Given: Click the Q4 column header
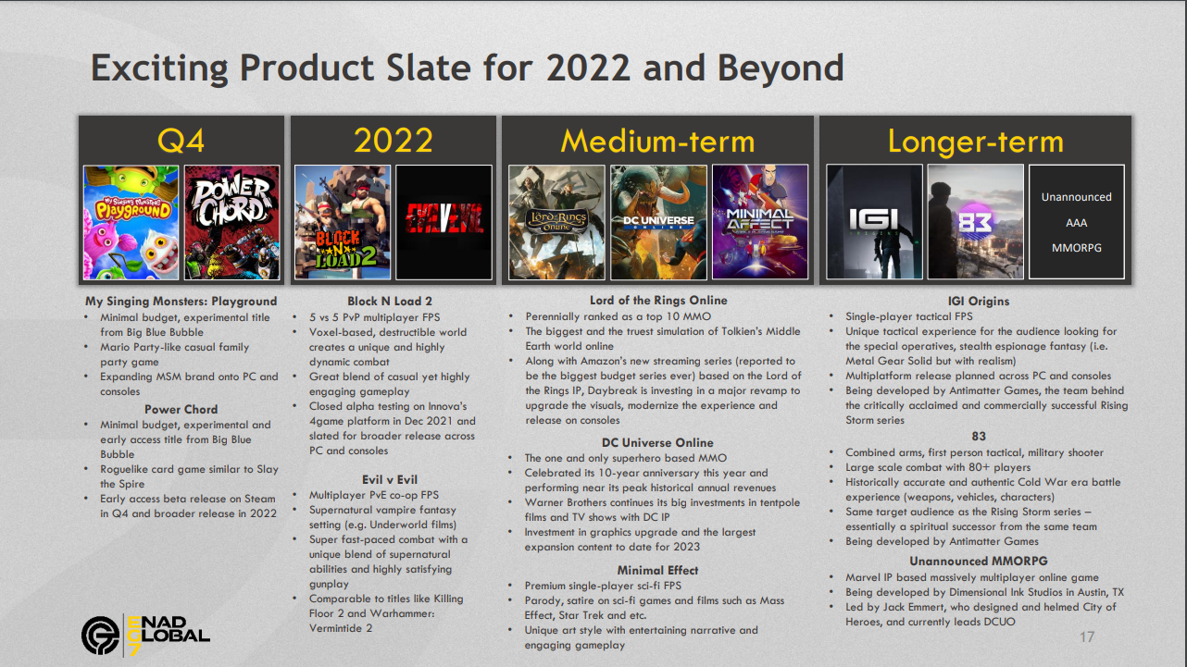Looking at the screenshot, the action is pyautogui.click(x=181, y=141).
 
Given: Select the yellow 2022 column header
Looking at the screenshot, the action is pyautogui.click(x=394, y=141).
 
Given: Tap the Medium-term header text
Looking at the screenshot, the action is pyautogui.click(x=657, y=142).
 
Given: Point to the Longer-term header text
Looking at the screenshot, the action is pyautogui.click(x=976, y=142).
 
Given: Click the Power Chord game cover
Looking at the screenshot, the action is pyautogui.click(x=231, y=222).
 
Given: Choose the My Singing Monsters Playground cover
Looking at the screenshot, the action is pyautogui.click(x=131, y=222).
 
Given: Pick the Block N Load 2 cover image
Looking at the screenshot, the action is pyautogui.click(x=343, y=222).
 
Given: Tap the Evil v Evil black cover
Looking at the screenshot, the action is pyautogui.click(x=444, y=222).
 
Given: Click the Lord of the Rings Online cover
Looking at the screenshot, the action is pyautogui.click(x=556, y=222).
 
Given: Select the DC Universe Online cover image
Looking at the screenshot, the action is pyautogui.click(x=658, y=222).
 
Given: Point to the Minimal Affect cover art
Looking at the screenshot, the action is pyautogui.click(x=760, y=222).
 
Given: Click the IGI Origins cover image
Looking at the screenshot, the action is pyautogui.click(x=874, y=222).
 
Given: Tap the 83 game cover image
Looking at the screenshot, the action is pyautogui.click(x=976, y=222).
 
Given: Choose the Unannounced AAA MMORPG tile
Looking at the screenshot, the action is pyautogui.click(x=1076, y=222).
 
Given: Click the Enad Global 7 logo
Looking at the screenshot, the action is pyautogui.click(x=145, y=636).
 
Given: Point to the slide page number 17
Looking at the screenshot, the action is pyautogui.click(x=1087, y=636).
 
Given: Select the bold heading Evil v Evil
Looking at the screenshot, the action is pyautogui.click(x=390, y=479).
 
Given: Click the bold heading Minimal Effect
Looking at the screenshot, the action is pyautogui.click(x=657, y=570).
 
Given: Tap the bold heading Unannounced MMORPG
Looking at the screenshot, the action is pyautogui.click(x=979, y=562).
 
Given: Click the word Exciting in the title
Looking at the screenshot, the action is pyautogui.click(x=159, y=68).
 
